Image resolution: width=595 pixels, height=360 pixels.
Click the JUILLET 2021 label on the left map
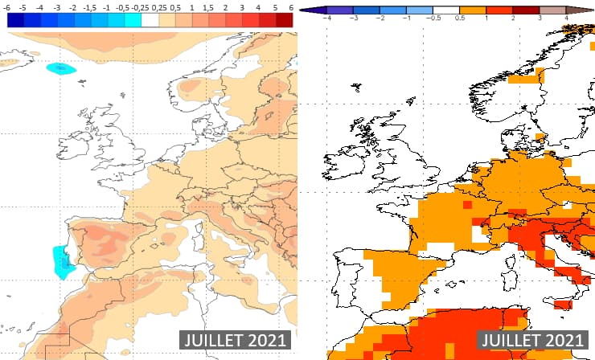pyautogui.click(x=232, y=340)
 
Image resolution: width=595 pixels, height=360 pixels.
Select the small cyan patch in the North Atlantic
pyautogui.click(x=61, y=69)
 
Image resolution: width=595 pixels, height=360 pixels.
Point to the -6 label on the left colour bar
pyautogui.click(x=10, y=6)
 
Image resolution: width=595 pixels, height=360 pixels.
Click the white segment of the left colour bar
pyautogui.click(x=150, y=21)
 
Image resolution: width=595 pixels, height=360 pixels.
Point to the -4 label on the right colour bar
pyautogui.click(x=327, y=17)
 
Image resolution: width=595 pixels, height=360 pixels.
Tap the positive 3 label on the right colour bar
pyautogui.click(x=540, y=17)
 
